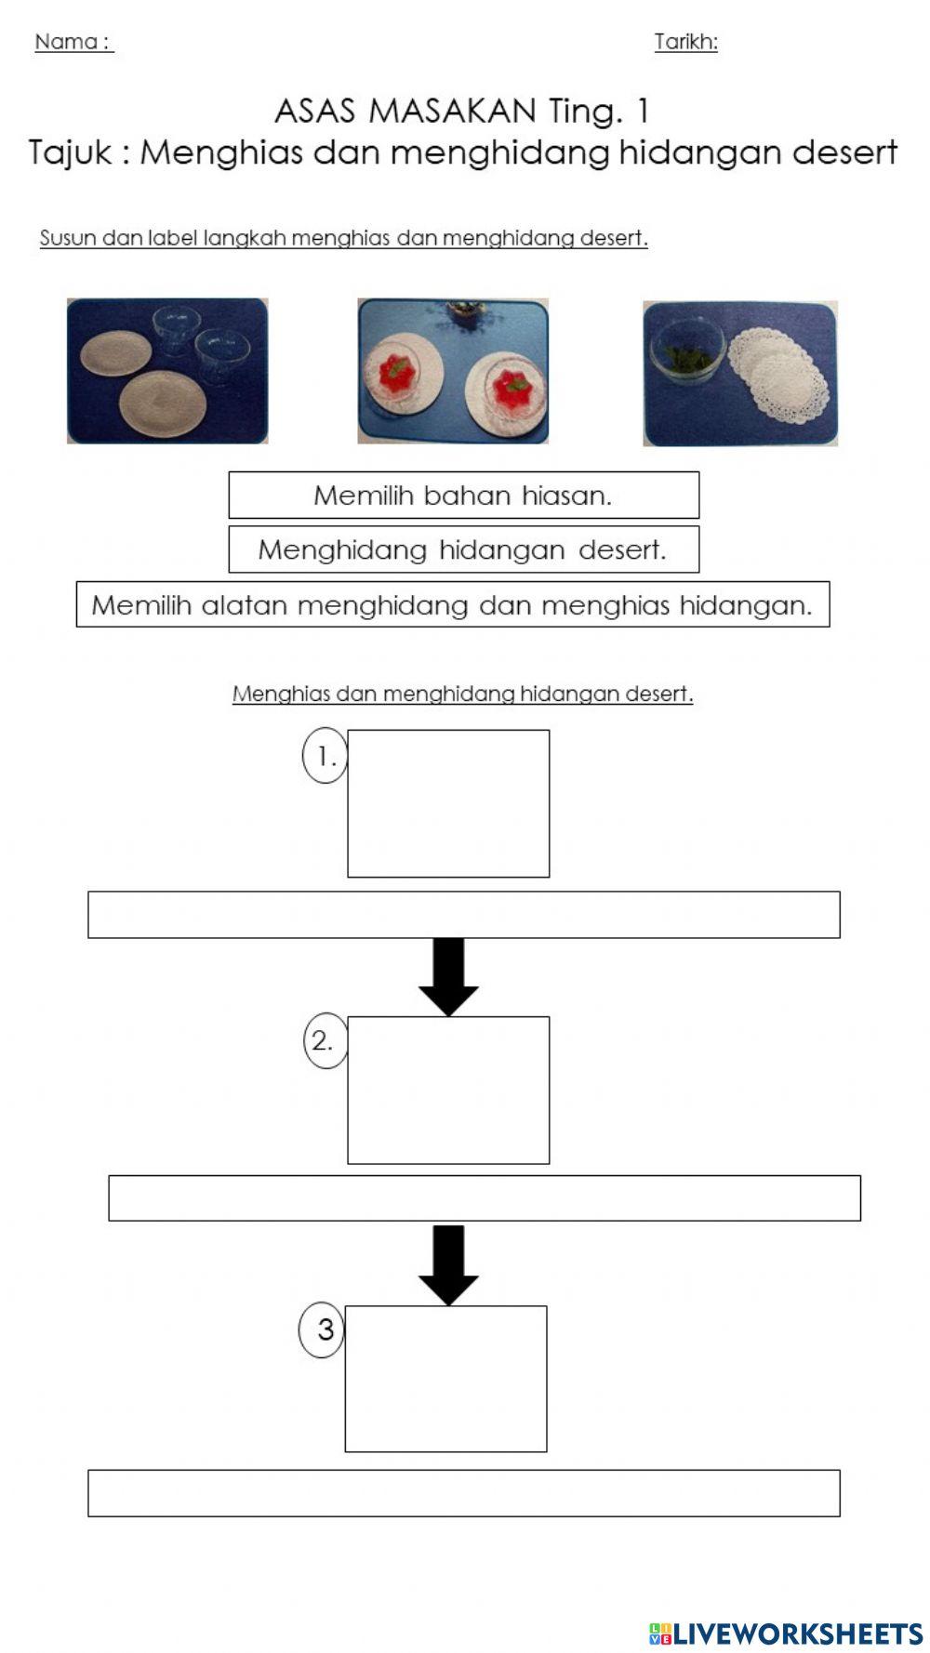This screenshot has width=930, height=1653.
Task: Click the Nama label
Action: [73, 42]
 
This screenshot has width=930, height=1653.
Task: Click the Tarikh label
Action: [685, 42]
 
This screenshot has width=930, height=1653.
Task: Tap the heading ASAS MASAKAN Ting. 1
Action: [462, 112]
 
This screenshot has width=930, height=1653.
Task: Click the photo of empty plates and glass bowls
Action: [167, 371]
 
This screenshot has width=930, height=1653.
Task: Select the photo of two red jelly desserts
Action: [453, 371]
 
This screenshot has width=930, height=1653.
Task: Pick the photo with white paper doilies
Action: [740, 373]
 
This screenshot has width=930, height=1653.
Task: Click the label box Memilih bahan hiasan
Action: [463, 496]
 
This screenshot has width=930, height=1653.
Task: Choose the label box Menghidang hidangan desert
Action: [463, 549]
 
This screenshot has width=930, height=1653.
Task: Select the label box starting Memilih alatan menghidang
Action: [452, 605]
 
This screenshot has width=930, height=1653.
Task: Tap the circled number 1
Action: [325, 756]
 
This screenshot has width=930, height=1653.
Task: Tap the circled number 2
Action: [324, 1040]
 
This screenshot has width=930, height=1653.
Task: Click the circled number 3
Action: [322, 1329]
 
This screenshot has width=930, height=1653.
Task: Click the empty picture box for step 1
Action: [448, 803]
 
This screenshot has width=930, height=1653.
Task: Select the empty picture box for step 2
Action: [448, 1090]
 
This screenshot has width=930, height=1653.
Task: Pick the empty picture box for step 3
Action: [445, 1379]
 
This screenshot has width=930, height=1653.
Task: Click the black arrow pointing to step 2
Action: [448, 976]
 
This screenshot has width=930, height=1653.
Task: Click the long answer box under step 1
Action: [463, 915]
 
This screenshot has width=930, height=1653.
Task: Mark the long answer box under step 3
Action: [463, 1493]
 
